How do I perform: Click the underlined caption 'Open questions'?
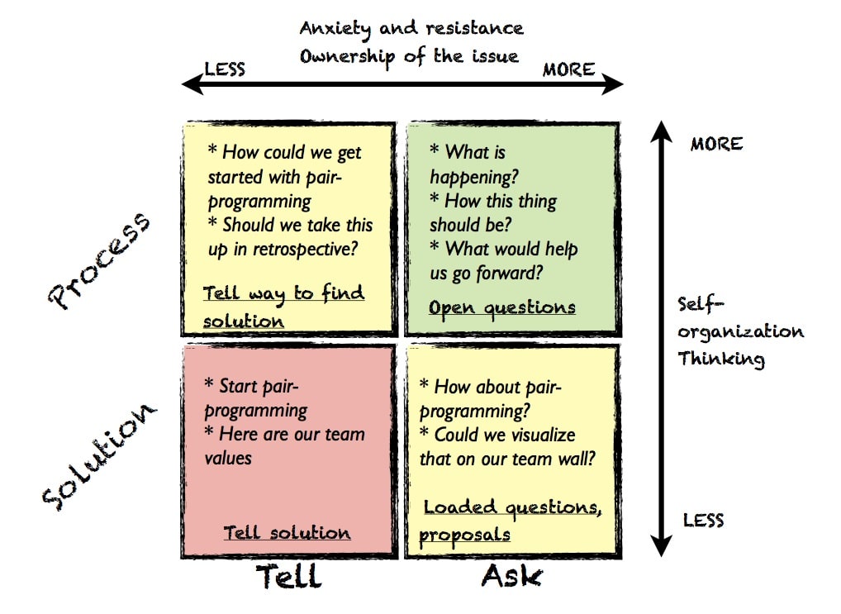501,307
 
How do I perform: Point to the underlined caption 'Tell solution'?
287,533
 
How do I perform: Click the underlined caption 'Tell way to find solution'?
283,307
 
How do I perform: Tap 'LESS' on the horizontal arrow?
225,69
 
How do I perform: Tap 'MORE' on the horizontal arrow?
568,69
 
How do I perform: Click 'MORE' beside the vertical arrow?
716,144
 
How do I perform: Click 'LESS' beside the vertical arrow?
703,520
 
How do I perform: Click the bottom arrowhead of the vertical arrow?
660,546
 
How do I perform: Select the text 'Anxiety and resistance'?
411,28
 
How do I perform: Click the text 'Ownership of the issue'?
409,56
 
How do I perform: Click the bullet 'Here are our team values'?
284,445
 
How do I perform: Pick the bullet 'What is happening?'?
471,164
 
